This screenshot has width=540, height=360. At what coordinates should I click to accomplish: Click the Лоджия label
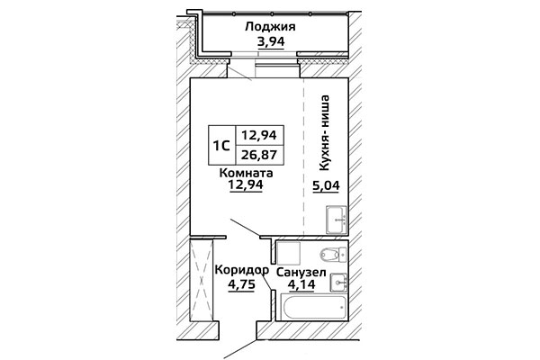(270, 26)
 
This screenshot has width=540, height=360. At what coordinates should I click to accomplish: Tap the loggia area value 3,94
(271, 41)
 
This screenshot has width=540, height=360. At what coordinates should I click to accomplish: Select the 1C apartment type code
(221, 146)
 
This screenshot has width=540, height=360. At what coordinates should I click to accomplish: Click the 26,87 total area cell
(259, 155)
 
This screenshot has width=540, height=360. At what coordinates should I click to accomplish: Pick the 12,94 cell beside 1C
(259, 135)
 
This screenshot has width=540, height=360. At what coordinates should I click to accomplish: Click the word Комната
(247, 173)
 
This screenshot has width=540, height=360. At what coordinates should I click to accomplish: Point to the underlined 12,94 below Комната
(246, 185)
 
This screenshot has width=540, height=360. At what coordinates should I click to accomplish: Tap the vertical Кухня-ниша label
(325, 133)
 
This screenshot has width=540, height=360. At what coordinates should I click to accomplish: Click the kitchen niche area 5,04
(326, 186)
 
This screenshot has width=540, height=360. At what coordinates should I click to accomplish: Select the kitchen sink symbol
(337, 220)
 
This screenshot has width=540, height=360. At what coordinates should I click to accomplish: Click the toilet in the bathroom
(333, 255)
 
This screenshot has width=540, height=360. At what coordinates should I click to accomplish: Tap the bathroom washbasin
(338, 283)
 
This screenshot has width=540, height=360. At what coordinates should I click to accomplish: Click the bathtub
(314, 307)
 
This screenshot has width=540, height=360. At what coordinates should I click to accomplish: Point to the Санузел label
(301, 273)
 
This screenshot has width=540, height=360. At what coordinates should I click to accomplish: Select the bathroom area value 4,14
(302, 285)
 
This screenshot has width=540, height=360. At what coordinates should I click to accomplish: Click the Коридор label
(242, 270)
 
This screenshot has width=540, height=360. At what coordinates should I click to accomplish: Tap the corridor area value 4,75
(241, 285)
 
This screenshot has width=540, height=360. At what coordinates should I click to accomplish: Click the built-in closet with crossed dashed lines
(202, 281)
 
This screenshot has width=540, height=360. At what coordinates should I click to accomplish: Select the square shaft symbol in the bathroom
(289, 254)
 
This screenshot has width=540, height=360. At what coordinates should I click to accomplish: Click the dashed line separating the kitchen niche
(303, 157)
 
